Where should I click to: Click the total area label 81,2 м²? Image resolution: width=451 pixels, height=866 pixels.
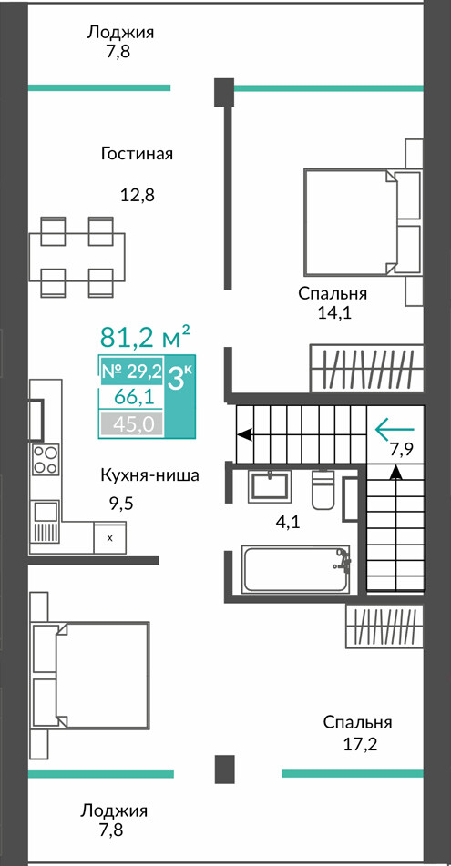tap(145, 336)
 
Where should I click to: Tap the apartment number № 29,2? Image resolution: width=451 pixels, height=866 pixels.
tap(131, 372)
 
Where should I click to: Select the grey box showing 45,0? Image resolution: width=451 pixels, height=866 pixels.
tap(131, 424)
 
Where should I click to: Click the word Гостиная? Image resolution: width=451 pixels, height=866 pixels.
tap(137, 154)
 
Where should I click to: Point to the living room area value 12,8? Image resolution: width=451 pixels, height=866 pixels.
tap(137, 195)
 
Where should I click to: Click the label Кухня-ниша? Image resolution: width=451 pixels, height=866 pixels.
tap(149, 475)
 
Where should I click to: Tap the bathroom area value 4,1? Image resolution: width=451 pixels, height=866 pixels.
tap(287, 522)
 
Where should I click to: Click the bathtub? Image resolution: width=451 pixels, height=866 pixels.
tap(295, 569)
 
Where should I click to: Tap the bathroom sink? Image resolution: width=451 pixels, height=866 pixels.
tap(271, 485)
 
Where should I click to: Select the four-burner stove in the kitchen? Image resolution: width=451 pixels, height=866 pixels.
tap(46, 459)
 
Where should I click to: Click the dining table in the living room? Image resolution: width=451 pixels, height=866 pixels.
tap(77, 258)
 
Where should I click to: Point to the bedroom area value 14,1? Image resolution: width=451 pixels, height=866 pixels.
tap(333, 313)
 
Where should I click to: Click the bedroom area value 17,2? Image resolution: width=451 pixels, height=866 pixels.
tap(357, 745)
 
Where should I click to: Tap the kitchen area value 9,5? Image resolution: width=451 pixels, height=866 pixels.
tap(121, 504)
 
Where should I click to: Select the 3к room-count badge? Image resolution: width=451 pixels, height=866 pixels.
tap(179, 380)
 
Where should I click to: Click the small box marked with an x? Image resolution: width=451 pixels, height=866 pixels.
tap(110, 537)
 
